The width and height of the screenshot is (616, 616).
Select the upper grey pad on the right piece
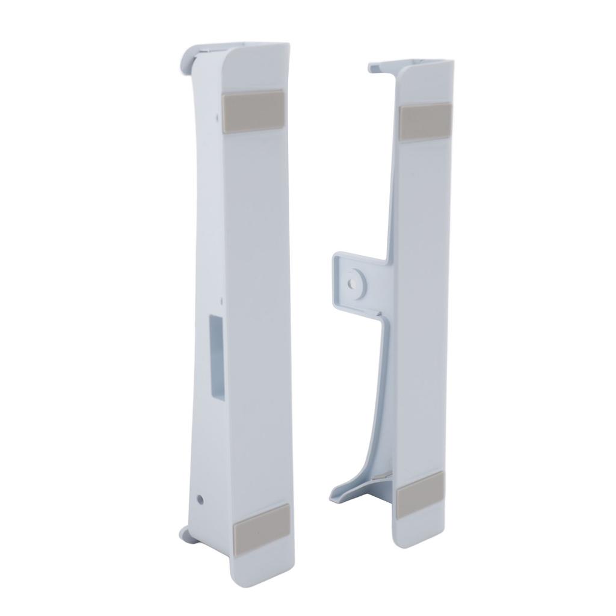424,120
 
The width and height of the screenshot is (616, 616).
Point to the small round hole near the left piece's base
201,499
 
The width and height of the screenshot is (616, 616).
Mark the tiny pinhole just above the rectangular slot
222,301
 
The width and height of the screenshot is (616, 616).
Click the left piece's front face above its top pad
253,69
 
